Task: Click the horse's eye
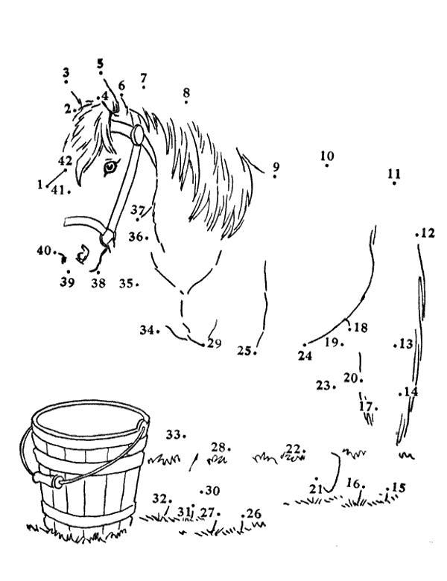pos(110,166)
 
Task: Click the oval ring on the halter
pos(138,134)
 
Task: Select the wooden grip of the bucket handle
pos(46,480)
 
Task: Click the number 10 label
pos(327,156)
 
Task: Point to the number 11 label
pos(394,173)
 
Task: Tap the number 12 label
pos(428,232)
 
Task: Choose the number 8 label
pos(186,92)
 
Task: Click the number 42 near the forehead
pos(66,160)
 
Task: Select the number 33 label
pos(173,434)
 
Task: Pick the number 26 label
pos(254,513)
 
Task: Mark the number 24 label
pos(305,356)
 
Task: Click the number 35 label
pos(126,284)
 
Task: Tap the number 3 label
pos(66,72)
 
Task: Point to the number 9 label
pos(276,167)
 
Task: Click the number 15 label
pos(399,487)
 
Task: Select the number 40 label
pos(44,250)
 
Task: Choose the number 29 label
pos(215,343)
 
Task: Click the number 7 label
pos(144,77)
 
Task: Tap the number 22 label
pos(293,448)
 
